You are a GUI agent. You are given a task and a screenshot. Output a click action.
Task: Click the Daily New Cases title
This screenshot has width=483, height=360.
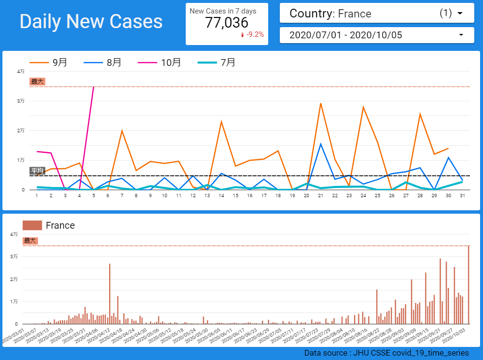[x=91, y=22]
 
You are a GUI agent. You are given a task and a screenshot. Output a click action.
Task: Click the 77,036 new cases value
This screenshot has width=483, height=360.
[x=226, y=23]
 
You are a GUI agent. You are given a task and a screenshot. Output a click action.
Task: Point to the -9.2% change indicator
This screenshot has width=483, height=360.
[x=252, y=34]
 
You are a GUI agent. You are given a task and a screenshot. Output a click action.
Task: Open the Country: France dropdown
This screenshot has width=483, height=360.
[x=377, y=14]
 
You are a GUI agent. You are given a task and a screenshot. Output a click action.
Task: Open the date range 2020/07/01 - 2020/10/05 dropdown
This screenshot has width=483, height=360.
[x=377, y=35]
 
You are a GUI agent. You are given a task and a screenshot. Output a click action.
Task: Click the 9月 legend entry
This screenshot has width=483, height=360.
[x=49, y=63]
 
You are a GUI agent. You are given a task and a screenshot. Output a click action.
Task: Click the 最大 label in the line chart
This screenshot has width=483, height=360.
[x=37, y=81]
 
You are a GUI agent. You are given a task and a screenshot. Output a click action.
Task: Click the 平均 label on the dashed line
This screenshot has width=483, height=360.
[x=37, y=171]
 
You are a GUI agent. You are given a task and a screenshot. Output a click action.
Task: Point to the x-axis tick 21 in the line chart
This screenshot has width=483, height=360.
[x=321, y=196]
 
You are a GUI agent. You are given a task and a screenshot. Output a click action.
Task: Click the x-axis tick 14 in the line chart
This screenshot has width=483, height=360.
[x=221, y=196]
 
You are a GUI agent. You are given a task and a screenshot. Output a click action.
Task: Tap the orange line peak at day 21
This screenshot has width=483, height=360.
[x=321, y=103]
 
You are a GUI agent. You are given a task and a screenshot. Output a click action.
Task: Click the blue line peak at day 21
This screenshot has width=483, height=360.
[x=321, y=144]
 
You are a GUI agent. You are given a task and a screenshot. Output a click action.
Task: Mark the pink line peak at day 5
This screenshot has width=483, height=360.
[x=94, y=87]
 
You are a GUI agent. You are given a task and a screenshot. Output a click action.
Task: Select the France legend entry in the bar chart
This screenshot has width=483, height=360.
[x=49, y=225]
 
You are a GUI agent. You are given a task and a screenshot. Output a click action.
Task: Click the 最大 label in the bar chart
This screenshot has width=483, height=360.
[x=30, y=240]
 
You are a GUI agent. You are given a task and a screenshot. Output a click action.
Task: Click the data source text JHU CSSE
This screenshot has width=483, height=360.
[x=386, y=353]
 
